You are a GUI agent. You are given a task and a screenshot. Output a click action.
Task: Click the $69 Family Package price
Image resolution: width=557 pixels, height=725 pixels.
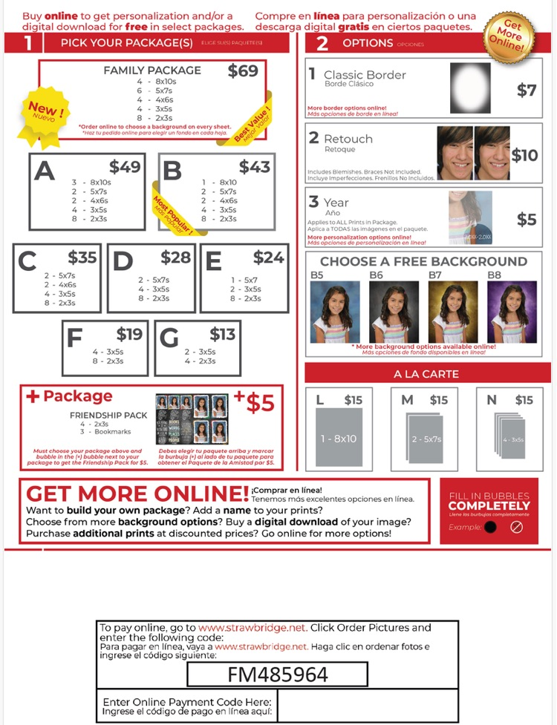[x=243, y=71]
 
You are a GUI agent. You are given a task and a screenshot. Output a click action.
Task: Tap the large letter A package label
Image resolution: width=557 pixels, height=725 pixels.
[x=45, y=171]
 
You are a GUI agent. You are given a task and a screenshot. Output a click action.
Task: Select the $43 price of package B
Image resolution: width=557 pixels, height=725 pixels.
[x=254, y=167]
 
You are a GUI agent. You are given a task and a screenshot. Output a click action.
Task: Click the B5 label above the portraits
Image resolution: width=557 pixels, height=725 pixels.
[x=317, y=275]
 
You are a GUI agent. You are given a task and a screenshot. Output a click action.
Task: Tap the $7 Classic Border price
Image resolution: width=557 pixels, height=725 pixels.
[x=526, y=91]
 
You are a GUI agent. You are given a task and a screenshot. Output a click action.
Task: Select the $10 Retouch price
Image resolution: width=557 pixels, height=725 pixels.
[x=524, y=154]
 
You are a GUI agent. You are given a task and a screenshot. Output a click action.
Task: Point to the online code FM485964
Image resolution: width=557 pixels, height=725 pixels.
[x=277, y=675]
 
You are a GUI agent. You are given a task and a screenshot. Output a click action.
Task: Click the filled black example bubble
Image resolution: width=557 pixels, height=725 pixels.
[x=490, y=528]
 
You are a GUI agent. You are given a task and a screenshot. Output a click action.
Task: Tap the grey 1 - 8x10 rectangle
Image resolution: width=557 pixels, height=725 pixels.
[x=338, y=439]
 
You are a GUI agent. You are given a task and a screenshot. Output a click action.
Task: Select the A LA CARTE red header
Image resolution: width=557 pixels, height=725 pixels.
[x=427, y=374]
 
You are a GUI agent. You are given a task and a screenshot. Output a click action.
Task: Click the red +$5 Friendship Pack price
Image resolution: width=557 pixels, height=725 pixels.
[x=255, y=402]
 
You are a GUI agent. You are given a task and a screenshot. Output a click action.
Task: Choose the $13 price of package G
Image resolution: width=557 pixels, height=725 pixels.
[x=222, y=334]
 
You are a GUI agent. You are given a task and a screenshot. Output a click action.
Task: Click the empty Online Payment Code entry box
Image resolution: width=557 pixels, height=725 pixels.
[x=367, y=705]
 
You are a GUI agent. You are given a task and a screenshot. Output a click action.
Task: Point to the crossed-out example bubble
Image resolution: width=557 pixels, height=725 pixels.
[x=517, y=528]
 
